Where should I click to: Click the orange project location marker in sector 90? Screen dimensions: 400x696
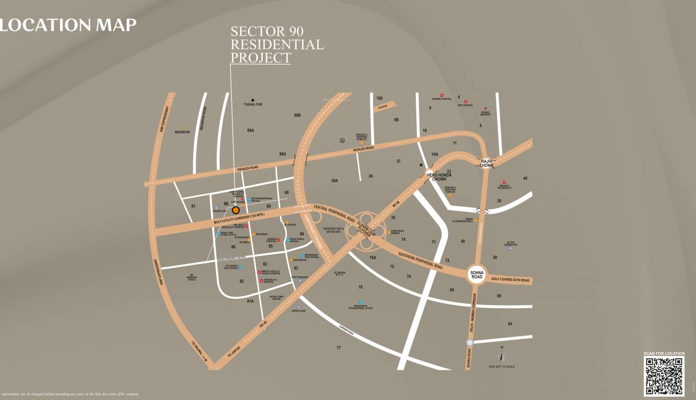click(x=235, y=210)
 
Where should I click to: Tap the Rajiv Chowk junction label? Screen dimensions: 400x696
click(x=487, y=163)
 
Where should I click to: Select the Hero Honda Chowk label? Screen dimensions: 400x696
click(x=439, y=177)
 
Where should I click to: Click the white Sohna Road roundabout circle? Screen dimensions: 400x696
click(x=477, y=273)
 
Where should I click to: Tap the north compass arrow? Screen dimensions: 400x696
click(x=502, y=357)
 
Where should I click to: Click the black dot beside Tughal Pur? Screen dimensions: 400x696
click(x=253, y=100)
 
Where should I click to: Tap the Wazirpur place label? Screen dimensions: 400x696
click(x=182, y=132)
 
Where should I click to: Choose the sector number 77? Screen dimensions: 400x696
click(x=339, y=348)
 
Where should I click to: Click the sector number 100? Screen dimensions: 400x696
click(x=379, y=99)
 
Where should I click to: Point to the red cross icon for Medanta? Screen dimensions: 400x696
click(x=504, y=183)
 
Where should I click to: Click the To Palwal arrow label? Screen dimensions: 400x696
click(x=200, y=350)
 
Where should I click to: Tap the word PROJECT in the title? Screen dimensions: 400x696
click(x=260, y=57)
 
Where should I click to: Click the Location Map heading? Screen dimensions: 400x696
click(x=68, y=25)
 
